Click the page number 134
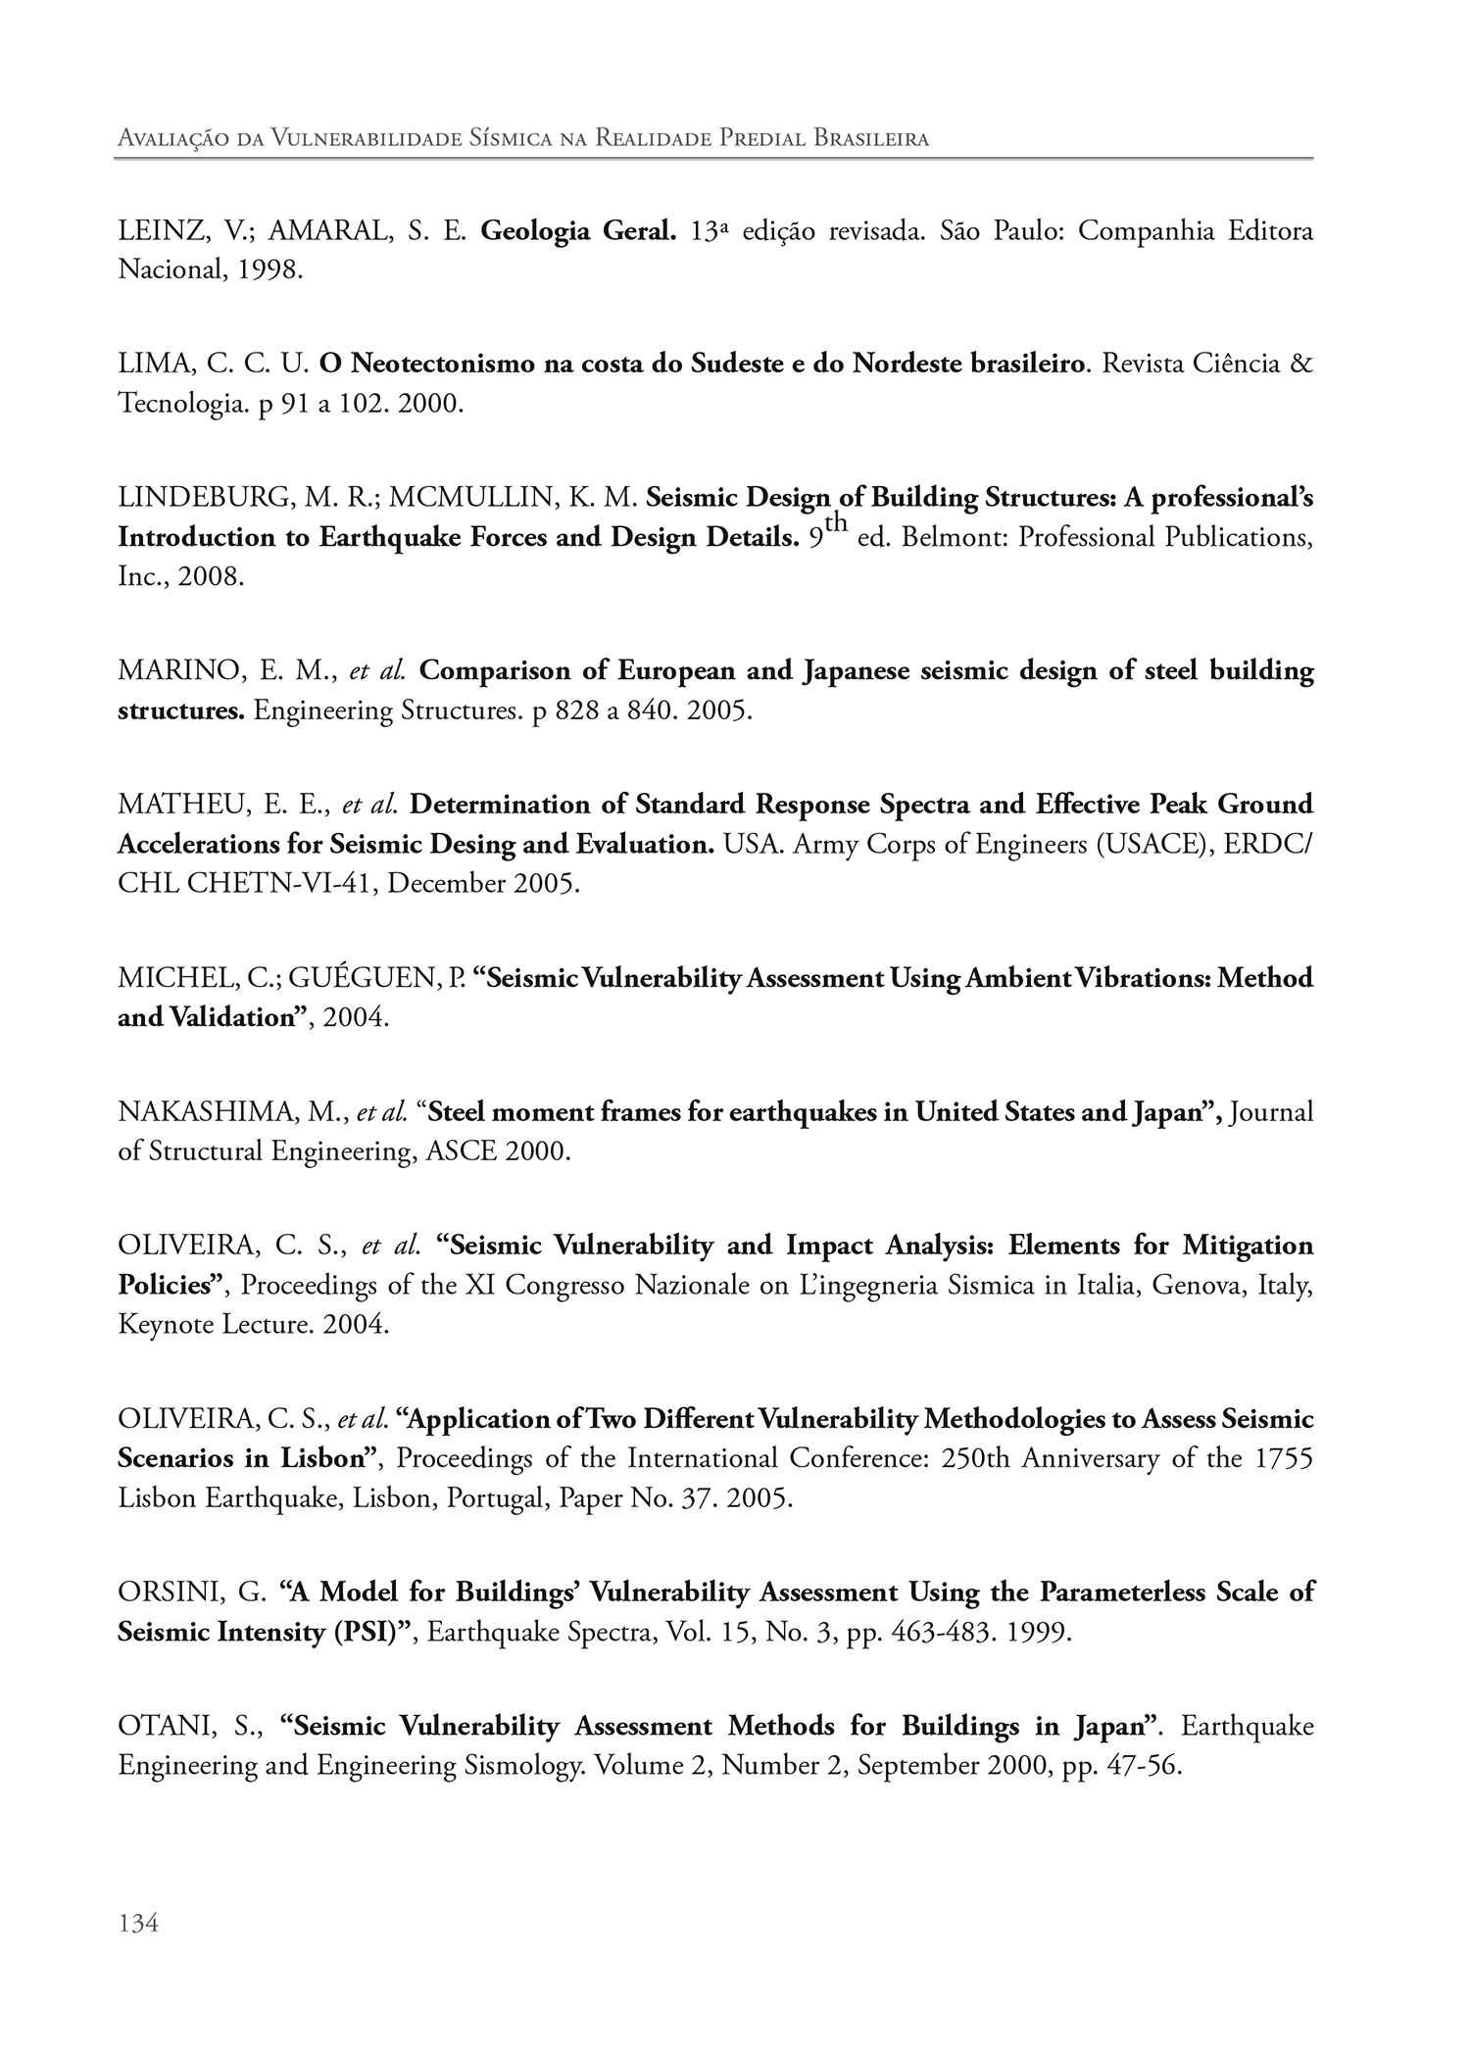pos(137,1924)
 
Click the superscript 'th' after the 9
pos(835,525)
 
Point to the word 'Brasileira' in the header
pos(871,138)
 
